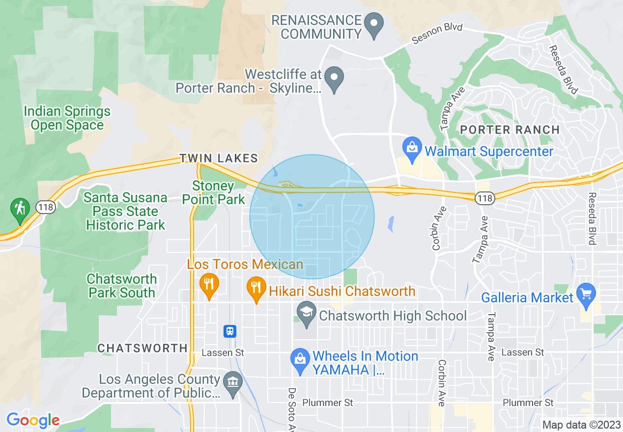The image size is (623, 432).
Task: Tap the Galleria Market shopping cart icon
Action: pos(586,294)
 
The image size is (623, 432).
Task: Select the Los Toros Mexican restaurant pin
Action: pos(209,284)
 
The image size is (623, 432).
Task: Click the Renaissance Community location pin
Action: pos(375,23)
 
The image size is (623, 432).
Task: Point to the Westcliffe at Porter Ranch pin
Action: pos(335,78)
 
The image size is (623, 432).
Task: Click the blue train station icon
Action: pos(229,331)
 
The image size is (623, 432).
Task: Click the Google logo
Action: pos(33,420)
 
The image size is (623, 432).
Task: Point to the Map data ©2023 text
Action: pos(582,425)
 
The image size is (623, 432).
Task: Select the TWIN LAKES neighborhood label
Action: pos(219,158)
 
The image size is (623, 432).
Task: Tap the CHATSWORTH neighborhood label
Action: pos(142,348)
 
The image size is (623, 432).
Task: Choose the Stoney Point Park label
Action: pos(213,193)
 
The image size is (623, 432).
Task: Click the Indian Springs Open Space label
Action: pos(67,118)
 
